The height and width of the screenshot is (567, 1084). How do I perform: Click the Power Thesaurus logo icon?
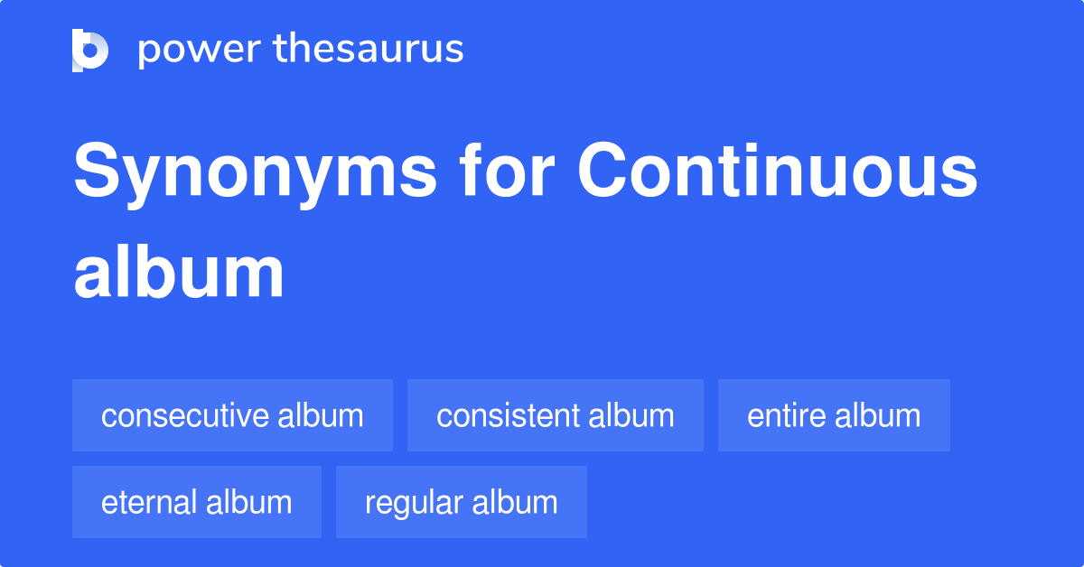(x=90, y=50)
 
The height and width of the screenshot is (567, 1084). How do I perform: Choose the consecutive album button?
(x=232, y=415)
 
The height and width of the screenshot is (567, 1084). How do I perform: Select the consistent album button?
(x=555, y=415)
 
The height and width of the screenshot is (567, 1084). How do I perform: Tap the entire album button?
(x=834, y=415)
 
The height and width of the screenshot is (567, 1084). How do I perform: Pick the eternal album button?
(x=196, y=502)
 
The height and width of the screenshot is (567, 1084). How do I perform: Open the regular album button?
(x=461, y=502)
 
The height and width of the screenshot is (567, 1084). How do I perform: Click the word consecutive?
(x=185, y=416)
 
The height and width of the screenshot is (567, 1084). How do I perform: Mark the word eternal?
(x=149, y=503)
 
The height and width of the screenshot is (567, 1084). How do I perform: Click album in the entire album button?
(x=878, y=416)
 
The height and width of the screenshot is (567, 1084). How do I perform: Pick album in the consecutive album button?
(x=321, y=416)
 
